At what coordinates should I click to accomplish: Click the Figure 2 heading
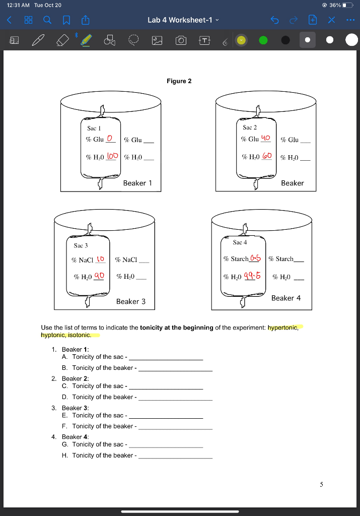[179, 81]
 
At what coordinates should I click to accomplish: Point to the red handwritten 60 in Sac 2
[266, 157]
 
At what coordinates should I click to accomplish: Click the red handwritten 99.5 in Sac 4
[252, 276]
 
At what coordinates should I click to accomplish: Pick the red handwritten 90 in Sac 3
[99, 276]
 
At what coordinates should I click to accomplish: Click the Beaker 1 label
[137, 183]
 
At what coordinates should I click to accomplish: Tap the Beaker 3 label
[131, 301]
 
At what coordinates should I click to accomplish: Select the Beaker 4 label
[286, 298]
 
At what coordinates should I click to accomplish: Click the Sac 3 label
[81, 245]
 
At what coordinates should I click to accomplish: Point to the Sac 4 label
[240, 242]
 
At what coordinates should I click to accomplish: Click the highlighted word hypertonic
[283, 328]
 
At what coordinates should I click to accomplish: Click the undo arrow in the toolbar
[274, 20]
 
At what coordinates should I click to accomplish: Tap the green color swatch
[263, 40]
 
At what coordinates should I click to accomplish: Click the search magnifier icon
[46, 20]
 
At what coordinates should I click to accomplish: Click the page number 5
[321, 485]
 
